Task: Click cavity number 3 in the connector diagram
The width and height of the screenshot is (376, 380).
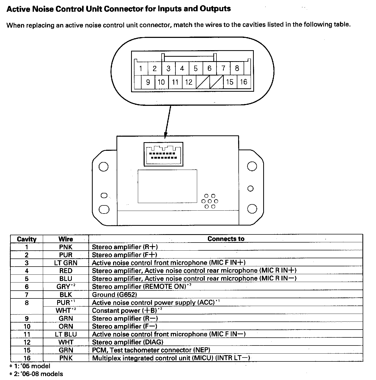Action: (168, 68)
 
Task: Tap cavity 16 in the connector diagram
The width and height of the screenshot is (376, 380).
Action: (244, 82)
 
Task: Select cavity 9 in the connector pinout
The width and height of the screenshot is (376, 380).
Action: (148, 82)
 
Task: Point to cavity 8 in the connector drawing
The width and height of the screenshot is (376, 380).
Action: (237, 68)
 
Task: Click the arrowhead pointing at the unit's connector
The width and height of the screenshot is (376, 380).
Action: (165, 136)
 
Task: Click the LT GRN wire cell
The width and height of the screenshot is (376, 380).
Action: (66, 263)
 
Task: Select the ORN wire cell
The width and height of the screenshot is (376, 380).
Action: (66, 326)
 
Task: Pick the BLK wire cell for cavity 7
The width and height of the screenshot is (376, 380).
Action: (66, 295)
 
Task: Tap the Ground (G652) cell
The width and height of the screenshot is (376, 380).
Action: (114, 295)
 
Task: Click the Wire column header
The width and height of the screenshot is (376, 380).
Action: (66, 239)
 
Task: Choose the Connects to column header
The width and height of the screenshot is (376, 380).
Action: (226, 239)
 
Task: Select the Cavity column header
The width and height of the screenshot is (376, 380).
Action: (26, 239)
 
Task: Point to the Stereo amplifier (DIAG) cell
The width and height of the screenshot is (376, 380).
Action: (127, 342)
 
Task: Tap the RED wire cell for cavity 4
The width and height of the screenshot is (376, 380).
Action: (66, 271)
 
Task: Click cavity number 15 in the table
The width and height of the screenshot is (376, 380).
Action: (27, 350)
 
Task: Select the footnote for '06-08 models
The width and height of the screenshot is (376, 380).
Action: (37, 374)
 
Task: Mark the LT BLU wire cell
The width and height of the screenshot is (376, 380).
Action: (66, 334)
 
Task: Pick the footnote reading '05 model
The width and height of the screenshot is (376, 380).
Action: (30, 366)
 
